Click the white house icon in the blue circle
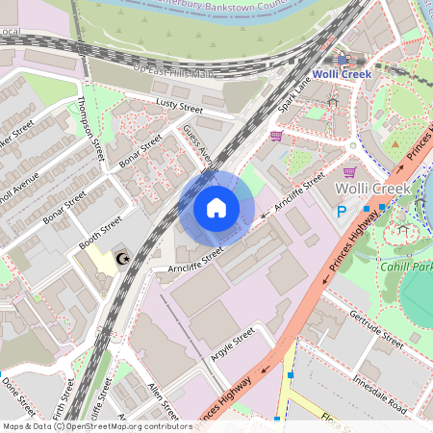point(216,207)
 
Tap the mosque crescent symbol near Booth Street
point(122,259)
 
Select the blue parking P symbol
point(341,212)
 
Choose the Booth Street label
point(100,234)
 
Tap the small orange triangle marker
point(395,144)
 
